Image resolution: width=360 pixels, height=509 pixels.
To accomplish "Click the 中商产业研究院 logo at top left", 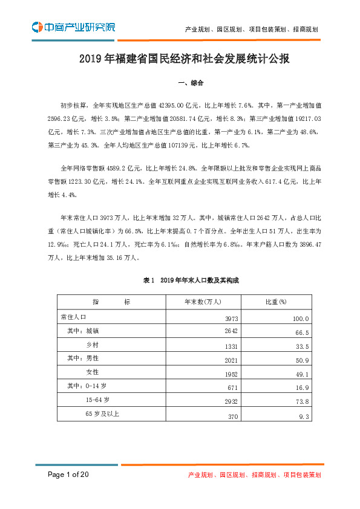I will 73,27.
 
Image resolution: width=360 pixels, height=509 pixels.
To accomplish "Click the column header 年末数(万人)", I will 203,302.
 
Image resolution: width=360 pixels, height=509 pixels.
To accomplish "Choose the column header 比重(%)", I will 276,302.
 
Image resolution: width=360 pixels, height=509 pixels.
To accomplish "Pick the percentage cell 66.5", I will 302,332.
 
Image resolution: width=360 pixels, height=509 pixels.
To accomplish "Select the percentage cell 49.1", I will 302,374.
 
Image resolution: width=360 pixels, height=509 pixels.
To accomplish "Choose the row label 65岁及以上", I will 103,414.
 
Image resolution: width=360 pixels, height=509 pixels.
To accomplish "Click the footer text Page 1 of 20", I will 69,475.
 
